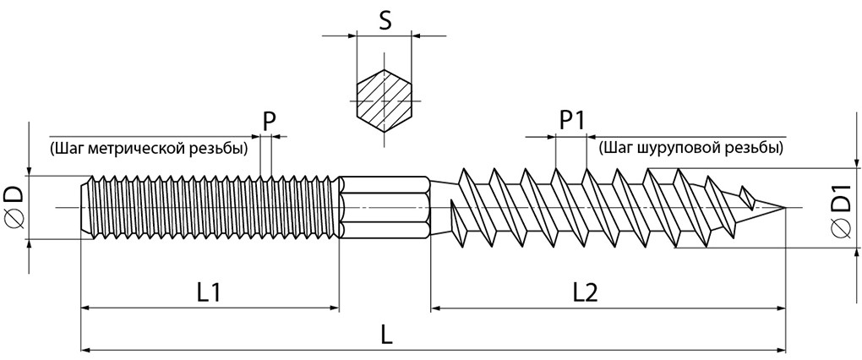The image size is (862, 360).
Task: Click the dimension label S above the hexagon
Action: point(385,21)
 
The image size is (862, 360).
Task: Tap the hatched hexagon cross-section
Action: point(384,101)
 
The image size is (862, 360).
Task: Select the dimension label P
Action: point(268,122)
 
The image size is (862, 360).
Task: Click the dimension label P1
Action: point(572,121)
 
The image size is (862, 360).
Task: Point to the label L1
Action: point(209,293)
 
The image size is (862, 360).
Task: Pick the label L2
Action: point(584,293)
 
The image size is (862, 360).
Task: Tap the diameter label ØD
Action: point(15,207)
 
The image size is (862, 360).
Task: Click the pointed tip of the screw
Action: point(785,207)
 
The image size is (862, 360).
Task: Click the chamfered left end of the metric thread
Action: point(85,207)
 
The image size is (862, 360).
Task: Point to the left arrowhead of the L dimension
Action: point(85,350)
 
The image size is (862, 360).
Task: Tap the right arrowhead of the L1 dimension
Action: point(334,308)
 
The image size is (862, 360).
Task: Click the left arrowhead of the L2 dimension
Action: point(436,308)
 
